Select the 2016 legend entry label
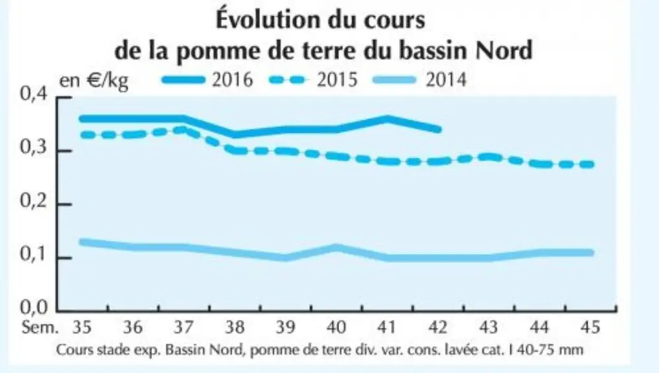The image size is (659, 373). tap(232, 80)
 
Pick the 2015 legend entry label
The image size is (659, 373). tap(337, 80)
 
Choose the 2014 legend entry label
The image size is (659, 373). tap(446, 80)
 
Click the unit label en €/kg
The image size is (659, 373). tap(94, 80)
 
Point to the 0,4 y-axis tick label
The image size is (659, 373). tap(34, 94)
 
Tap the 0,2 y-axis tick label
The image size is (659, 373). tap(34, 202)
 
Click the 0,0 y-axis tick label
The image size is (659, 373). tap(34, 308)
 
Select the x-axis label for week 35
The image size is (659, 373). tap(82, 327)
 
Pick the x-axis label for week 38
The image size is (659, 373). tap(234, 327)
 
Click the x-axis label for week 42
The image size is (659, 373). tap(438, 327)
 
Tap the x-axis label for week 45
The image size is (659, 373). tap(590, 327)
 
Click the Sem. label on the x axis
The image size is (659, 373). tap(40, 327)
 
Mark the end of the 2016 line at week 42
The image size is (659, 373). tap(438, 129)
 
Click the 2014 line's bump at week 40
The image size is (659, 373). tap(336, 247)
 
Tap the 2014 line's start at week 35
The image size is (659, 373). tap(82, 242)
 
